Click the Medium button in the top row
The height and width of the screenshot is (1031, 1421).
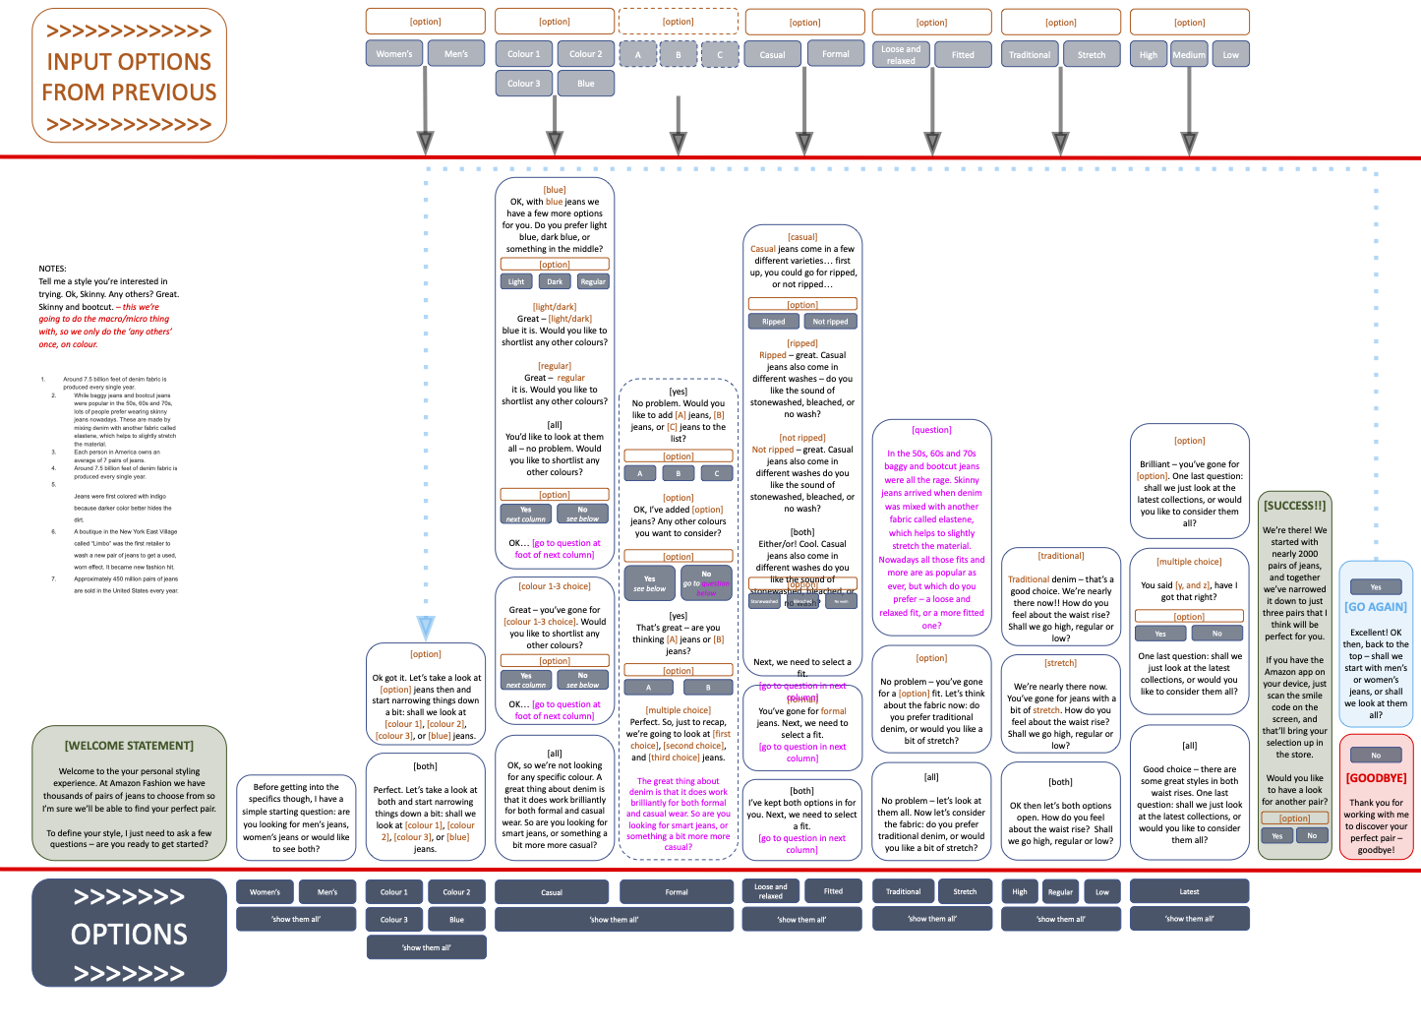point(1188,54)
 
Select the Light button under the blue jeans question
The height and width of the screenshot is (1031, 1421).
point(516,281)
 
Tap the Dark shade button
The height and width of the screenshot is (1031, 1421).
point(555,281)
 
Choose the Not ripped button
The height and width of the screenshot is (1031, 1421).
point(830,321)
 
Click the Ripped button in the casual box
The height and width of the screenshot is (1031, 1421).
point(774,321)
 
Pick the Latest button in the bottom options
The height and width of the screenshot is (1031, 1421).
point(1189,891)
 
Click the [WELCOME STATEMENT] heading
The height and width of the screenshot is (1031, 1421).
point(129,746)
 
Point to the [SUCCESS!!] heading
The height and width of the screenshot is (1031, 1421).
point(1294,506)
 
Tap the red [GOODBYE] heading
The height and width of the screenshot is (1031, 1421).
point(1376,777)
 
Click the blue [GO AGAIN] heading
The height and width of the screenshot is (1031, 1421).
point(1376,607)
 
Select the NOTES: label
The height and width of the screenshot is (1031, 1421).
point(53,269)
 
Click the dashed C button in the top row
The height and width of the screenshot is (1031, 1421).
point(720,54)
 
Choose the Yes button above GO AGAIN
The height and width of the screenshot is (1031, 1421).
point(1376,587)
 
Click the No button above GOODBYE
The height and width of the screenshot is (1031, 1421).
point(1376,756)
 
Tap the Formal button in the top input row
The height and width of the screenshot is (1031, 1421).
point(835,54)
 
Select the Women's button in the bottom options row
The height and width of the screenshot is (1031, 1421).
point(265,892)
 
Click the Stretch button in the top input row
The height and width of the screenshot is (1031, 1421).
point(1092,54)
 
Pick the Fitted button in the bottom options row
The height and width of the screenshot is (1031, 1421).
point(833,891)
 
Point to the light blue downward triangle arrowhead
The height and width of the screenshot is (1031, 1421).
point(426,627)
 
